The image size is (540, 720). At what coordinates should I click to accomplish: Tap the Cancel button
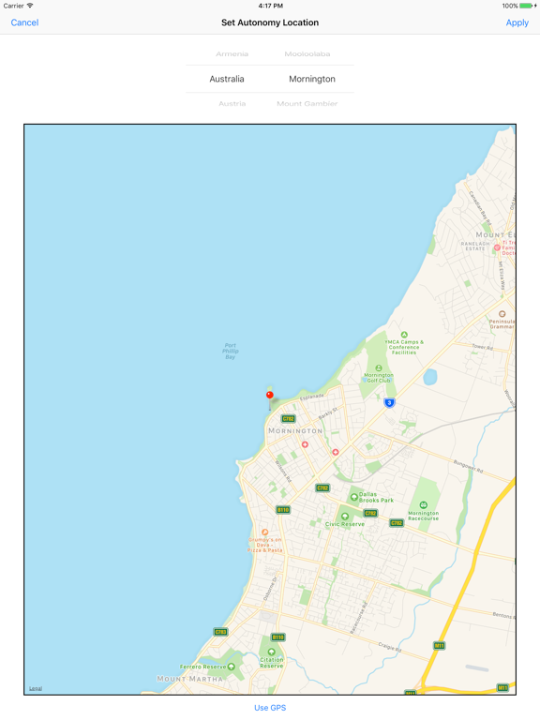24,22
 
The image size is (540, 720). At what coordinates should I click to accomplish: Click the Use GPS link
270,708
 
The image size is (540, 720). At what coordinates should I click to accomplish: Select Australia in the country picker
227,79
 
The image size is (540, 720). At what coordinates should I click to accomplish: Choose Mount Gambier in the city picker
307,104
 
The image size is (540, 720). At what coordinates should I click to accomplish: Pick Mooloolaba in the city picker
307,54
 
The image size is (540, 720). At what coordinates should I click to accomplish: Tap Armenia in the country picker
232,54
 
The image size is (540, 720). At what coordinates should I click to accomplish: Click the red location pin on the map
270,396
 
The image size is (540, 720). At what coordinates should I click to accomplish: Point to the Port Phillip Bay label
230,351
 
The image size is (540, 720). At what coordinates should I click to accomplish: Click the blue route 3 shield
389,402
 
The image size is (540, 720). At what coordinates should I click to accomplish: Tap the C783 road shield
220,632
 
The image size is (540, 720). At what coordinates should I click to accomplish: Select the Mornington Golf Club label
378,377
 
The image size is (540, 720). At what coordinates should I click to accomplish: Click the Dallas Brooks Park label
375,500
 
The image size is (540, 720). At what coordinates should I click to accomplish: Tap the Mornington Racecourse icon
423,505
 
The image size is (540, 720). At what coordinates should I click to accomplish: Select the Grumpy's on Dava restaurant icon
264,533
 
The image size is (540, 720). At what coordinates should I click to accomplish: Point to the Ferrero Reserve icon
232,667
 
